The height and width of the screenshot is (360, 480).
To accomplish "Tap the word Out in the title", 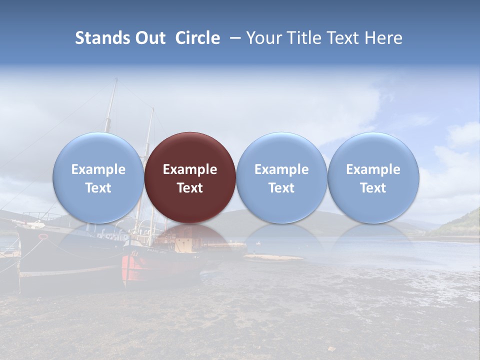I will pyautogui.click(x=149, y=38).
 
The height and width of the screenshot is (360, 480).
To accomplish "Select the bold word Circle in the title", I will pyautogui.click(x=197, y=38).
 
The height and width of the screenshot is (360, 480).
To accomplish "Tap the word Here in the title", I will pyautogui.click(x=384, y=38).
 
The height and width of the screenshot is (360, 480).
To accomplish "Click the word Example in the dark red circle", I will pyautogui.click(x=190, y=169).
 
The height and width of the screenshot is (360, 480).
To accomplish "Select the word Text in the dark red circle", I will pyautogui.click(x=190, y=188).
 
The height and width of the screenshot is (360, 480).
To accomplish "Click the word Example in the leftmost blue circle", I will pyautogui.click(x=98, y=169).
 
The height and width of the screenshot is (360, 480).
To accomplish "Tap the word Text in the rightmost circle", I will pyautogui.click(x=373, y=188).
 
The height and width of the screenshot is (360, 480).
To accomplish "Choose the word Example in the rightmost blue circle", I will pyautogui.click(x=373, y=169).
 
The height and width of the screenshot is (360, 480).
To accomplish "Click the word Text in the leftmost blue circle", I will pyautogui.click(x=98, y=188).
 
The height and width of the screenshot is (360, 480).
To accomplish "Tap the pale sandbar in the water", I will pyautogui.click(x=272, y=257).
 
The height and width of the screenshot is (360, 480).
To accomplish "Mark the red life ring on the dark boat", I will pyautogui.click(x=43, y=236).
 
